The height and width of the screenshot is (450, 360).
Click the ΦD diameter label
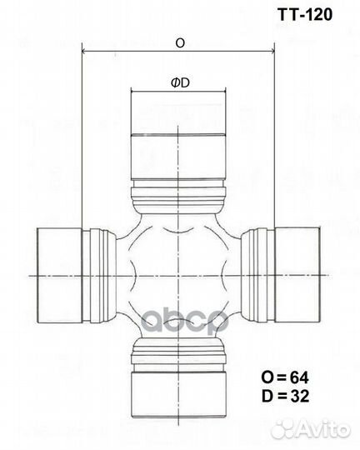(x=179, y=84)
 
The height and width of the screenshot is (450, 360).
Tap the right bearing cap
(x=298, y=274)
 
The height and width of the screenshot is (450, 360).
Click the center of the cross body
(x=178, y=274)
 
